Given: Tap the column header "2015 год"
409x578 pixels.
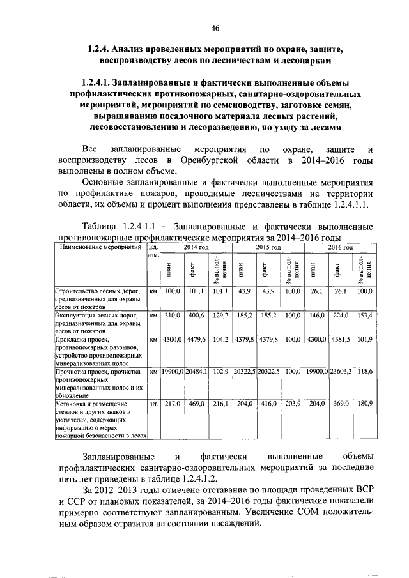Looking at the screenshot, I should coord(268,247).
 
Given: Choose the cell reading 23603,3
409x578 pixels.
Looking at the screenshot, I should coord(339,371).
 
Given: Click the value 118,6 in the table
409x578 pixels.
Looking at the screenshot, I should coord(364,371).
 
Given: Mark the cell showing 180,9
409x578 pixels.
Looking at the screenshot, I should coord(364,404).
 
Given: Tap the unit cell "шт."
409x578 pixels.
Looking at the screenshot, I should coord(153,404).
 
